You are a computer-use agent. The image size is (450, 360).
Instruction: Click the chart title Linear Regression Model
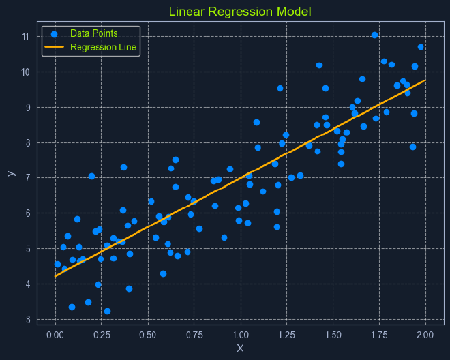(240, 12)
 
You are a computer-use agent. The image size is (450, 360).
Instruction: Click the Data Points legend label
(93, 33)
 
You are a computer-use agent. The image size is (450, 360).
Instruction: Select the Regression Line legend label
(103, 48)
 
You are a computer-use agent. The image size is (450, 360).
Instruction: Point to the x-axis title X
(240, 348)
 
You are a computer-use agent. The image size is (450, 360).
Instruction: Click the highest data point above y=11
(374, 35)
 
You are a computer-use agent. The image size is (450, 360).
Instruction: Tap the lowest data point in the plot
(107, 311)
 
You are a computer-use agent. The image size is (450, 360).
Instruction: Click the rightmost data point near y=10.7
(421, 47)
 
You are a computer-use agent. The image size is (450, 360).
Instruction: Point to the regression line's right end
(426, 80)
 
